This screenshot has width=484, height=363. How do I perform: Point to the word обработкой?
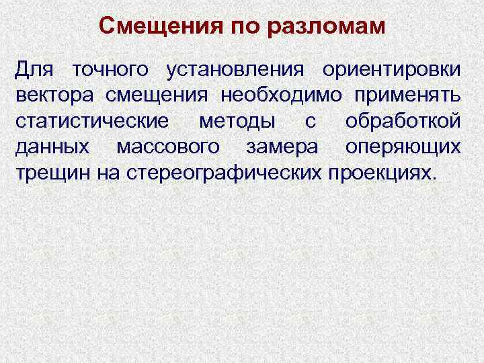tap(403, 122)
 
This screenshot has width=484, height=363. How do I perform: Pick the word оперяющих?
tap(403, 147)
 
